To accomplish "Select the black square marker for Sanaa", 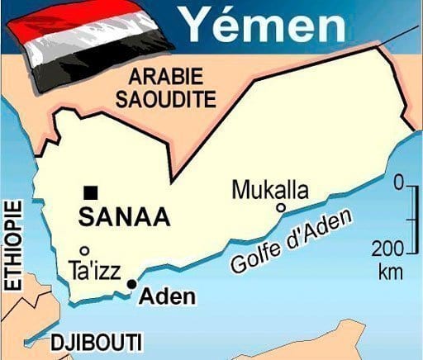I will coord(91,192).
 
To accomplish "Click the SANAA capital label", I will coord(124,217).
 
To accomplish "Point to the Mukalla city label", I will coord(270,190).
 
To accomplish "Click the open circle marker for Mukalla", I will coord(281,208).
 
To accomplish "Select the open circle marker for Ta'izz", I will coord(83,250).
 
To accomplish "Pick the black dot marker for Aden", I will coord(131,284).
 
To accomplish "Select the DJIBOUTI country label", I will coord(96,342).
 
